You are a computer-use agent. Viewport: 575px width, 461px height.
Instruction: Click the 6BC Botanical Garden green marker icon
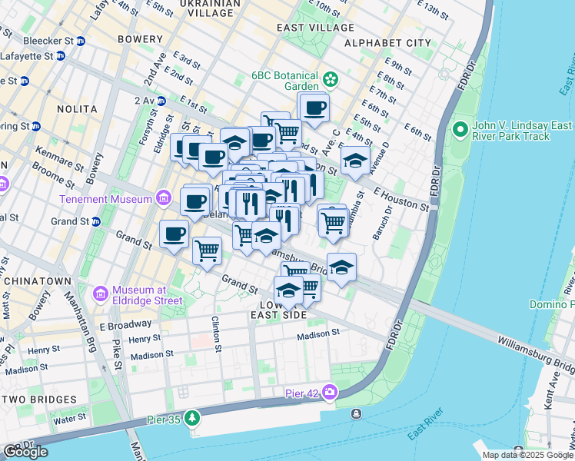(x=331, y=79)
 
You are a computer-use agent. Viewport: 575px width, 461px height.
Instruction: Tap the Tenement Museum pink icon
(x=162, y=199)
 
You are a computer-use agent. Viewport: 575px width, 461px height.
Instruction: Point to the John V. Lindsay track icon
(x=460, y=129)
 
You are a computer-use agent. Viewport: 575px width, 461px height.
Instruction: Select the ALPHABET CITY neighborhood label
(x=388, y=43)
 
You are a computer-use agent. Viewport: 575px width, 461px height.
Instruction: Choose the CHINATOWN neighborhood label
(x=36, y=281)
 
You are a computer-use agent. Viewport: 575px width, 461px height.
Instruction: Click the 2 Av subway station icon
(x=161, y=101)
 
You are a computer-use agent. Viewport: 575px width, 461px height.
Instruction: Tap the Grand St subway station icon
(x=96, y=222)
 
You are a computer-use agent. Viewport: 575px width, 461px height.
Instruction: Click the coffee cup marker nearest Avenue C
(x=314, y=108)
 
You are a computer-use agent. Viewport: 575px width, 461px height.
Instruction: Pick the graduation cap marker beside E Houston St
(x=354, y=161)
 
